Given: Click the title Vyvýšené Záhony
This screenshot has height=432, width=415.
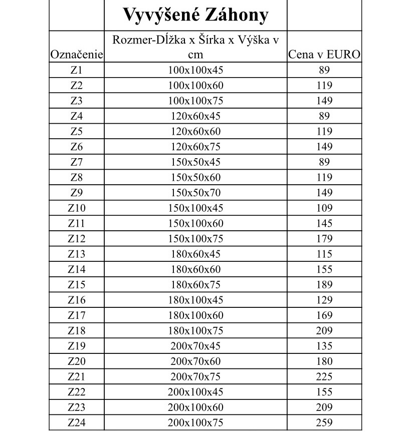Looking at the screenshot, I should click(195, 15).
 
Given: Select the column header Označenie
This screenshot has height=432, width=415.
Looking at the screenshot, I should click(77, 55).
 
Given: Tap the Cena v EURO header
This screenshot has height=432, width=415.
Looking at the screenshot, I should click(324, 55).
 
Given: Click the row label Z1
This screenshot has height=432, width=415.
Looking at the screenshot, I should click(77, 70).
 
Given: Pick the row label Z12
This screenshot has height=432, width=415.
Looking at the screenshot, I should click(77, 239).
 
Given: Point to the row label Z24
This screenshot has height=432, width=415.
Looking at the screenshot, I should click(77, 422).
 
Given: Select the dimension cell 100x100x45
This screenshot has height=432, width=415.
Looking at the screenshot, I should click(195, 70).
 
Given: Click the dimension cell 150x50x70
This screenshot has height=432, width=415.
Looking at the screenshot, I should click(195, 193).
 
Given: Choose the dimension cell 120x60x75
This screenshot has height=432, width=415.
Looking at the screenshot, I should click(195, 147).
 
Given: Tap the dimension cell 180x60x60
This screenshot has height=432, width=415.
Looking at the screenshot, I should click(195, 269).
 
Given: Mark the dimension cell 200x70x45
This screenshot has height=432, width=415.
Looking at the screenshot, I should click(195, 346).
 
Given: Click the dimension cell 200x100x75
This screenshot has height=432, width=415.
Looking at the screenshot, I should click(195, 422).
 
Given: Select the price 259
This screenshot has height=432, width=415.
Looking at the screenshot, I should click(324, 422).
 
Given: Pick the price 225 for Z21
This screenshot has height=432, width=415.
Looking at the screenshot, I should click(324, 376).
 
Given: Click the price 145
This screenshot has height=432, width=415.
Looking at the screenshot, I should click(324, 223).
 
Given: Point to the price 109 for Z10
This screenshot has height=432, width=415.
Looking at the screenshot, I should click(324, 208).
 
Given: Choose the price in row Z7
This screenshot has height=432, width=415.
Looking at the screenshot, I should click(324, 162).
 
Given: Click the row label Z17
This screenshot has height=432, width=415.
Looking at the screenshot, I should click(77, 315).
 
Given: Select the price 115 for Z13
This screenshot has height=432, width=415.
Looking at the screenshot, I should click(324, 254).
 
